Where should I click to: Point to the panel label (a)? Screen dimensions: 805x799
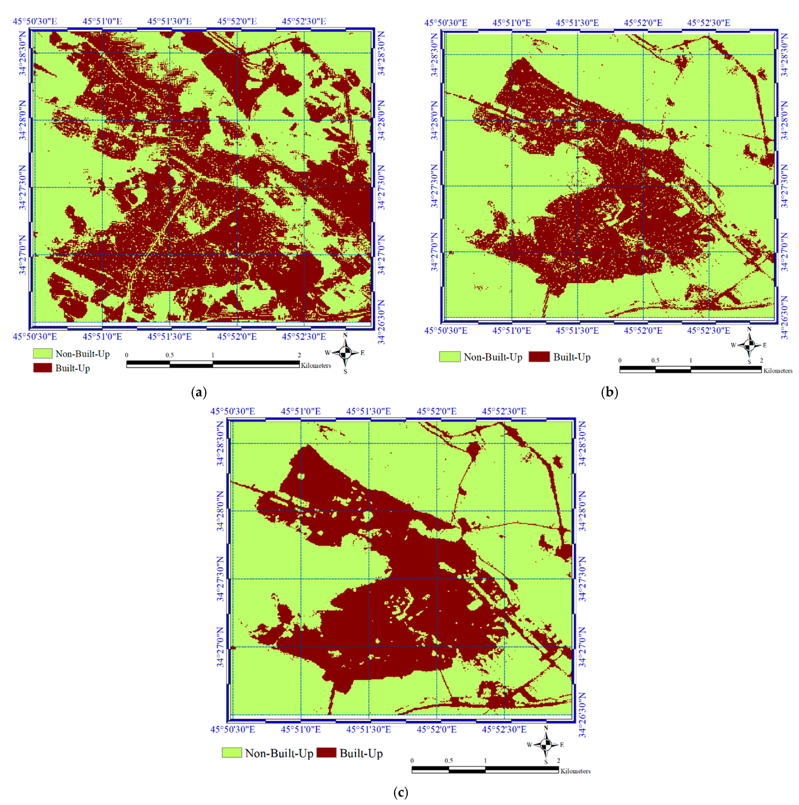[198, 392]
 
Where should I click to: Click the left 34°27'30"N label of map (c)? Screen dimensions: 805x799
[221, 578]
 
